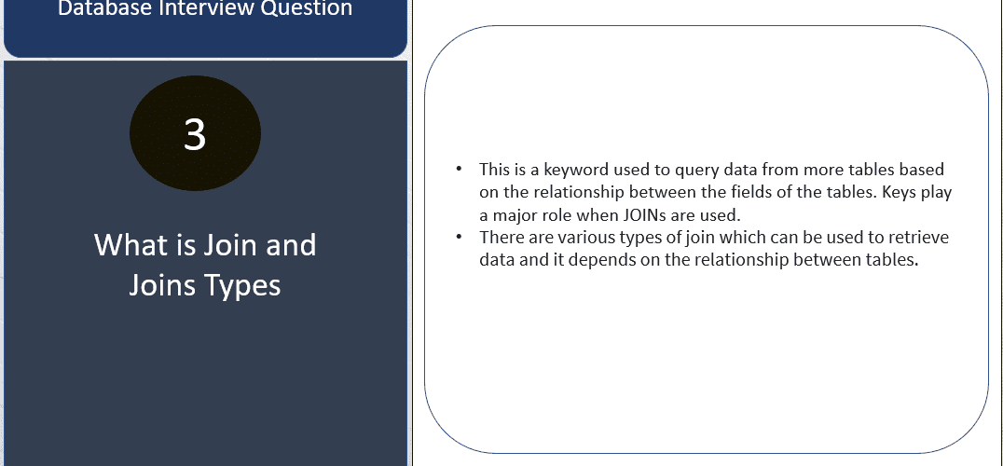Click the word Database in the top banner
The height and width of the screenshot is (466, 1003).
(96, 7)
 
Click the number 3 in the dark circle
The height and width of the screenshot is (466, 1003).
(195, 134)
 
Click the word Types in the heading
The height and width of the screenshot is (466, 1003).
(242, 285)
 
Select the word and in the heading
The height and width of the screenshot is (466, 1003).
(291, 245)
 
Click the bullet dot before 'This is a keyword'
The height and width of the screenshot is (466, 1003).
(459, 169)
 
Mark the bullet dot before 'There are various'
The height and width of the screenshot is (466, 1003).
(459, 237)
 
